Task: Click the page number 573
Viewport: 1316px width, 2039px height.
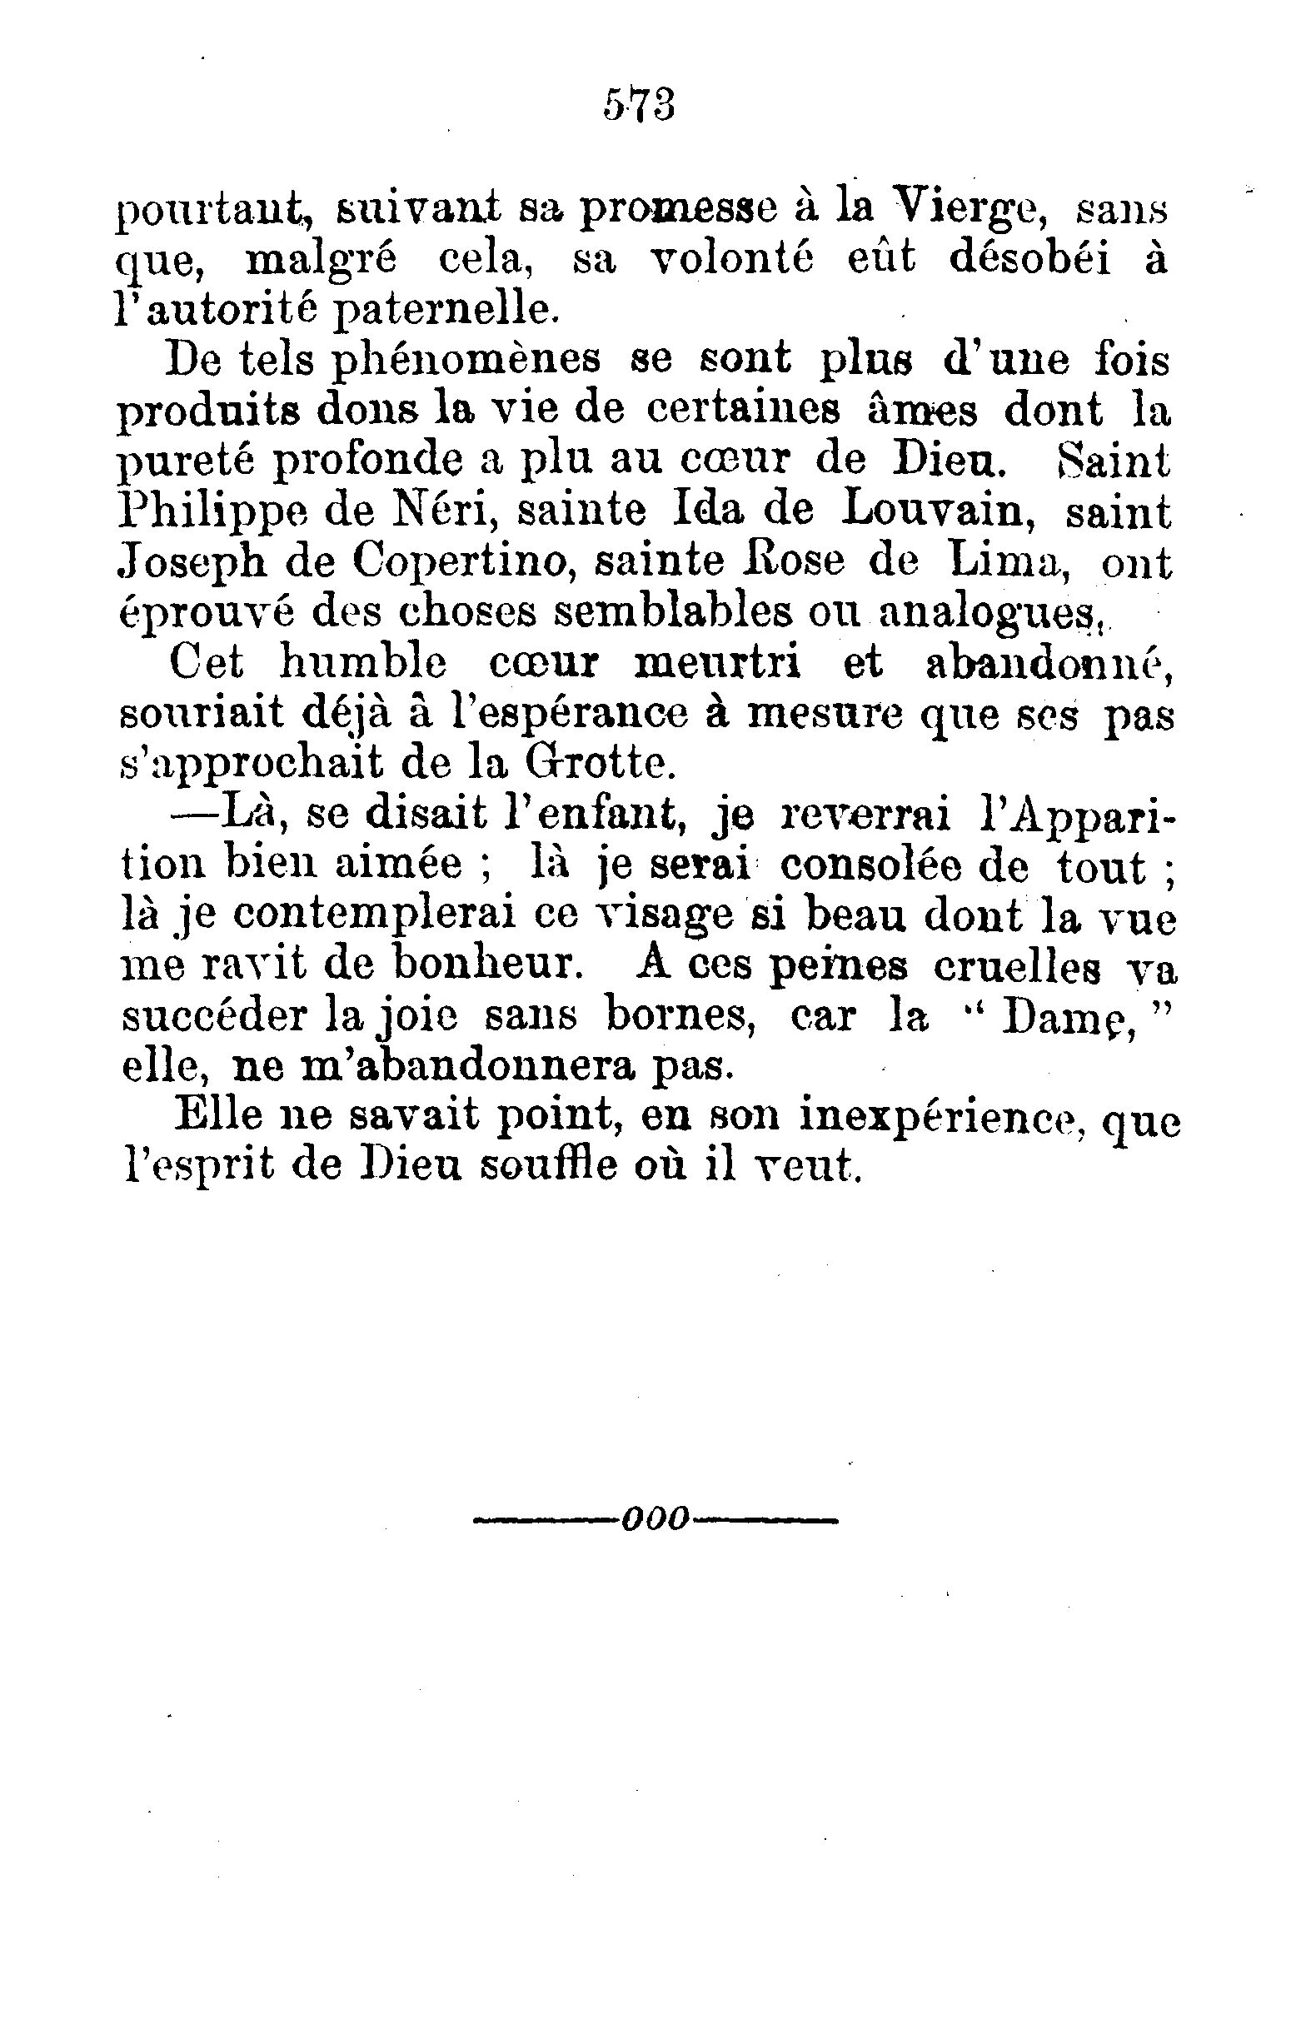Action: pos(639,106)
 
